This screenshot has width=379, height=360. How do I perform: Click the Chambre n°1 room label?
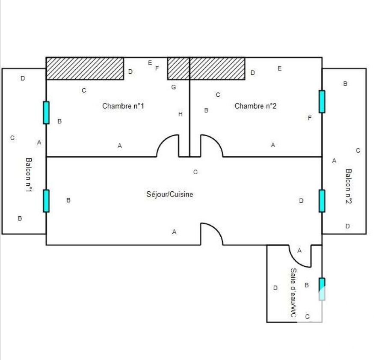[123, 106]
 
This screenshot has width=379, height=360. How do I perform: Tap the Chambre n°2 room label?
[255, 106]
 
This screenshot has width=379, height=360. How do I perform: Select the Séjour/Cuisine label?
[170, 194]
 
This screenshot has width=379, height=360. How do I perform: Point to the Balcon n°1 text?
[29, 175]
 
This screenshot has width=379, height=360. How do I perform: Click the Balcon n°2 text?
[348, 186]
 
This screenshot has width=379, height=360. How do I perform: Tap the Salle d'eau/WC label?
[293, 292]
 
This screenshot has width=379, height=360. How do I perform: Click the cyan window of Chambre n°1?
[46, 113]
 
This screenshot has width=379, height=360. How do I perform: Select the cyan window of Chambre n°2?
[322, 101]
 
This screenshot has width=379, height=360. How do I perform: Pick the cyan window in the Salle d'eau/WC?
[322, 289]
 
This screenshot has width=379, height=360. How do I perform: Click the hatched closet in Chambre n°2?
[217, 68]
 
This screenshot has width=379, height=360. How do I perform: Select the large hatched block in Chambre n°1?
[85, 68]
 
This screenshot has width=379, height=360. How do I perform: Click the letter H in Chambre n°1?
[181, 114]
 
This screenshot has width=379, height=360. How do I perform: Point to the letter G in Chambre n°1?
[174, 87]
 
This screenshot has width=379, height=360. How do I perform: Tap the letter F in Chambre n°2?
[310, 118]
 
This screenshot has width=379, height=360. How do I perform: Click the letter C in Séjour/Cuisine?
[195, 172]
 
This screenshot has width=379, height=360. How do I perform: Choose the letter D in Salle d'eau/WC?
[275, 288]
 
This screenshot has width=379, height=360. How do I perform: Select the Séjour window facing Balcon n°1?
[46, 201]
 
